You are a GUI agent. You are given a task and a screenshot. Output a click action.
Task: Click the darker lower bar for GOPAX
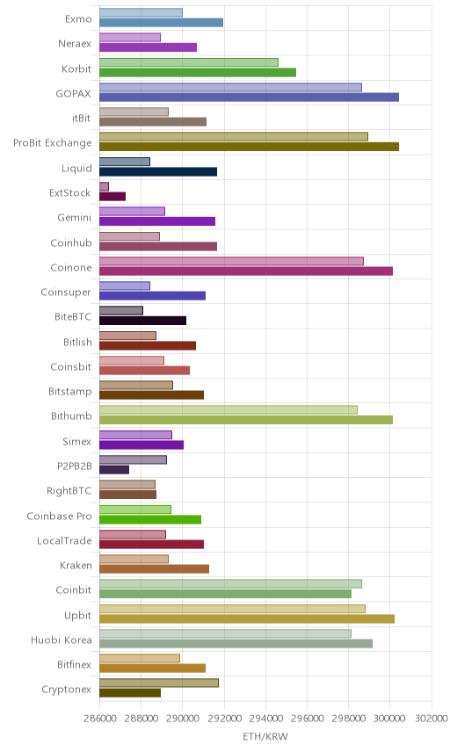pos(249,98)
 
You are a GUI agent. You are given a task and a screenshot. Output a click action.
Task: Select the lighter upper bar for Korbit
pos(189,62)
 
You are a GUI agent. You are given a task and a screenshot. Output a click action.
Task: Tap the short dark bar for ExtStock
pos(112,196)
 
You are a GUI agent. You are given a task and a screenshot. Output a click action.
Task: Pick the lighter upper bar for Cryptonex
pos(159,683)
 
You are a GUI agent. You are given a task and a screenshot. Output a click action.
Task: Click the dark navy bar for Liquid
pos(158,171)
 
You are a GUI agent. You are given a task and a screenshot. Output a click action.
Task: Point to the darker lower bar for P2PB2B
pos(114,469)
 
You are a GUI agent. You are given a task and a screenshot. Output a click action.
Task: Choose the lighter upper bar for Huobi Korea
pos(225,633)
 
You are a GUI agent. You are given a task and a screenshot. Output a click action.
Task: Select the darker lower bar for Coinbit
pos(225,594)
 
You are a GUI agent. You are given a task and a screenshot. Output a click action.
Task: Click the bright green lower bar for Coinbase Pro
pos(150,519)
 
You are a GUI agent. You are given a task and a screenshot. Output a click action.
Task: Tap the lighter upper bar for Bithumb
pos(229,409)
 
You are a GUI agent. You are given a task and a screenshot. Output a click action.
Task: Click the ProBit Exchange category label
pos(52,143)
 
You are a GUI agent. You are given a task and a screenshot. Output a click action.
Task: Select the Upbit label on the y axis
pos(77,615)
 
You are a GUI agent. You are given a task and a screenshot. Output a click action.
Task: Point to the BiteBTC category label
pos(73,316)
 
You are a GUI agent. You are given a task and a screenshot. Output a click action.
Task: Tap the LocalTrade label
pos(64,540)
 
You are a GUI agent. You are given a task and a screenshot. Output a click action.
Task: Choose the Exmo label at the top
pos(78,18)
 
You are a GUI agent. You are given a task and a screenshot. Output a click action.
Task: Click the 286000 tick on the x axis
pos(99,718)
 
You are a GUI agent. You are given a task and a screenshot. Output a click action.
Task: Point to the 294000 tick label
pos(265,718)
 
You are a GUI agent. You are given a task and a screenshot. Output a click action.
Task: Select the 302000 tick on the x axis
pos(432,718)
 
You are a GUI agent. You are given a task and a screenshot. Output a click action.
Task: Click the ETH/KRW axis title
pos(265,736)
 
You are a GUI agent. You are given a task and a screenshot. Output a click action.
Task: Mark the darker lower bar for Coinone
pos(246,271)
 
